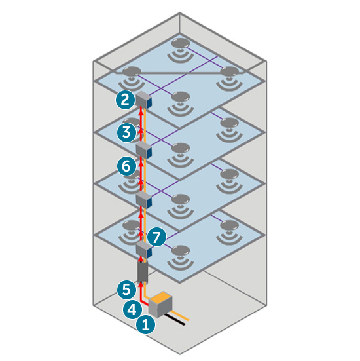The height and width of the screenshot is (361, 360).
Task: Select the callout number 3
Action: click(126, 132)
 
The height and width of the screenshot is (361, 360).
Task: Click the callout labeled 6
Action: click(126, 166)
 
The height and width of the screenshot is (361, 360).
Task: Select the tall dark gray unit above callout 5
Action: click(143, 271)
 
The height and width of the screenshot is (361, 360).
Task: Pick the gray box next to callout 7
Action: click(143, 248)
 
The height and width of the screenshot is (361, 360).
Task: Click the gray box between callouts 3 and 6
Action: click(143, 150)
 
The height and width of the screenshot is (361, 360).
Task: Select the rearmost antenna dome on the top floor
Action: click(180, 43)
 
